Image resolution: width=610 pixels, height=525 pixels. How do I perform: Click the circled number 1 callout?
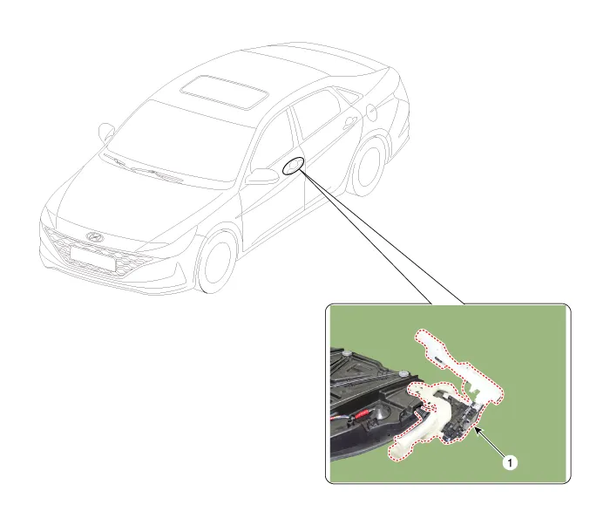coord(510,463)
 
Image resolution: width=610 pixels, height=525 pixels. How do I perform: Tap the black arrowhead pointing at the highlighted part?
coord(478,431)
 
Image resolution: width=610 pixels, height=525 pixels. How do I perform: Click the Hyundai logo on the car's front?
coord(94,236)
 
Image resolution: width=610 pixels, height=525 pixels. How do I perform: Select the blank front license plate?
coord(93,259)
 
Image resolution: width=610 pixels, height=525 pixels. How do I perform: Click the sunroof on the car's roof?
coord(225,92)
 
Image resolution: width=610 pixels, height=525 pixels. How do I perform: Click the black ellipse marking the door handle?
coord(294,166)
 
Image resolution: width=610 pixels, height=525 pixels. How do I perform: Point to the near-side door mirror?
coord(261,176)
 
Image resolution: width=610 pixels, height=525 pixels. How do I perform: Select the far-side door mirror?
coord(106,133)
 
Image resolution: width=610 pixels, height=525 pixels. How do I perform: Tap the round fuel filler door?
coord(371,112)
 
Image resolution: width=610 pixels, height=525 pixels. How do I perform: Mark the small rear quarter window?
coord(349,95)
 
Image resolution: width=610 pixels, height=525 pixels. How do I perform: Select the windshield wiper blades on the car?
coord(144,168)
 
